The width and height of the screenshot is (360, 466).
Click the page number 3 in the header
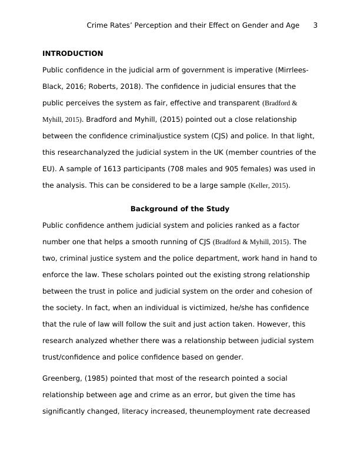(x=315, y=25)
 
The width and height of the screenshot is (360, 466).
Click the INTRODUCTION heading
(x=72, y=54)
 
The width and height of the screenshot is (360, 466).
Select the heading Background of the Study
(x=180, y=209)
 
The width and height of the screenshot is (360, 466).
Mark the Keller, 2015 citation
(x=269, y=186)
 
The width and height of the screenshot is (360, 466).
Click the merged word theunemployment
(x=222, y=411)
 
